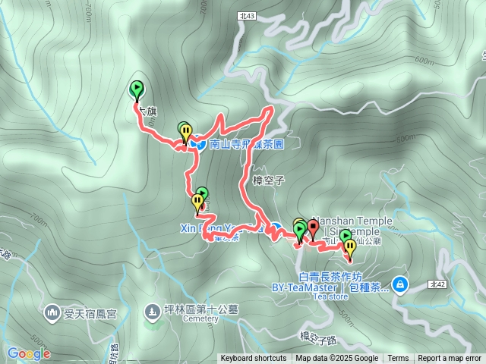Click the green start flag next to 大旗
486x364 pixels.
(x=137, y=90)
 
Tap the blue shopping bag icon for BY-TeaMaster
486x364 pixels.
(x=401, y=285)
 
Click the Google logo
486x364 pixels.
(x=29, y=353)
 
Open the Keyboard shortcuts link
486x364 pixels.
(x=254, y=359)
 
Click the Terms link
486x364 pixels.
(x=398, y=359)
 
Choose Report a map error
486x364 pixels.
(x=450, y=359)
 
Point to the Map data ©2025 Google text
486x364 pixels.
(x=336, y=359)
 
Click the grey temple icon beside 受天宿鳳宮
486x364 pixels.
(x=52, y=311)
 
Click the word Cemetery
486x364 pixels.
(x=200, y=319)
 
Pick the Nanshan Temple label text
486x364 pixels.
(x=352, y=220)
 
